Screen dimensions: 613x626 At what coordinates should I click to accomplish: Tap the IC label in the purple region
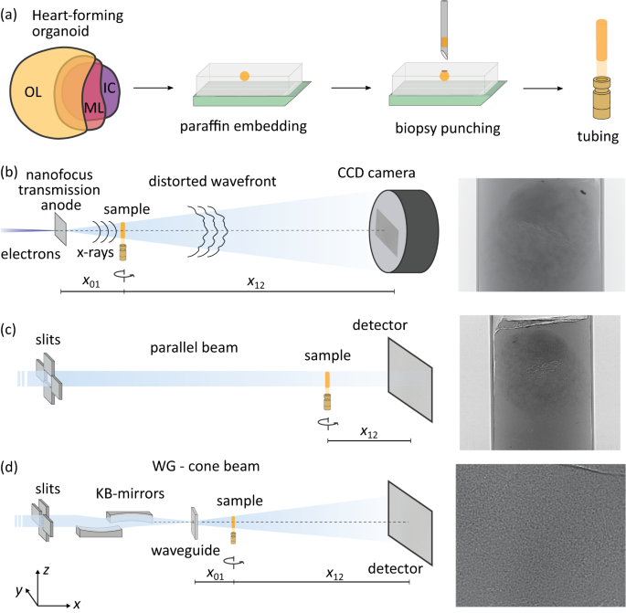coord(110,90)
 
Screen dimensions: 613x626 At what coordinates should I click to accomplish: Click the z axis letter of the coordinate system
coord(48,569)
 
